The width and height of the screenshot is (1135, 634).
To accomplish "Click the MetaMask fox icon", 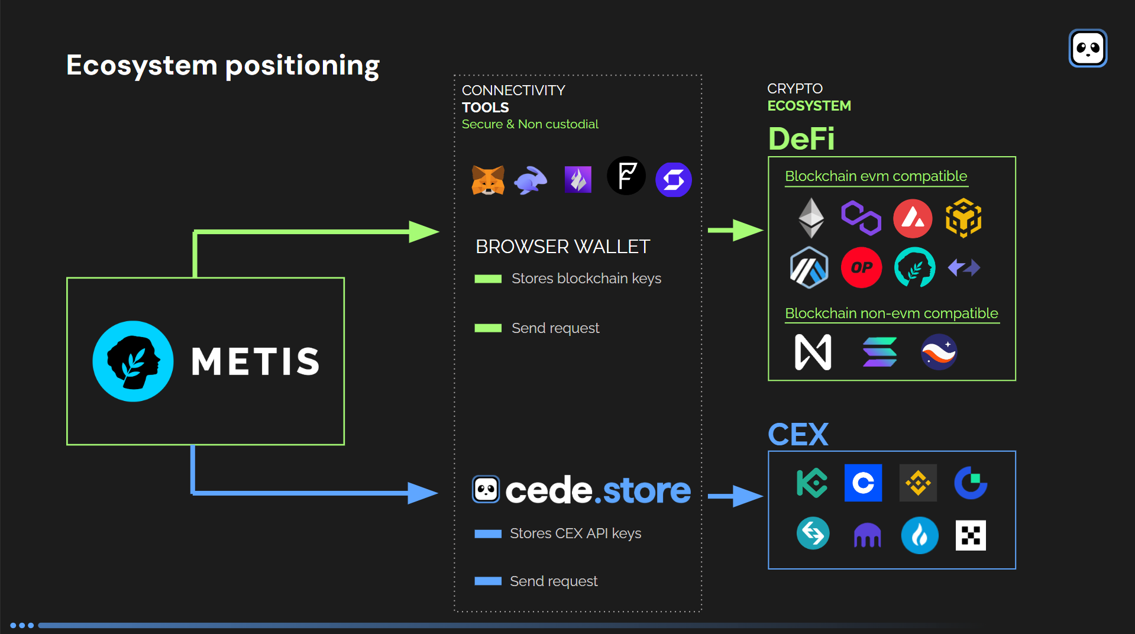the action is click(x=488, y=180).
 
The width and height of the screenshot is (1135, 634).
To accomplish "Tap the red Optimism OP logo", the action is click(x=861, y=267).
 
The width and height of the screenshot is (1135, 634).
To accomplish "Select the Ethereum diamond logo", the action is click(x=811, y=218).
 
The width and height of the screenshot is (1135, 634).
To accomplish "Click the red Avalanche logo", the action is click(x=913, y=218).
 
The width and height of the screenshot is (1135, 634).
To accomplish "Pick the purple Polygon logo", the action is click(x=861, y=218).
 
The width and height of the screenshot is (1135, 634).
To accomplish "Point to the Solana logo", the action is click(x=879, y=352).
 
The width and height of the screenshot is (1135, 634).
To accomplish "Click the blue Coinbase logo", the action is click(x=863, y=483).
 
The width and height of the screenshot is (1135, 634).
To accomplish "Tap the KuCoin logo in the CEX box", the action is click(x=812, y=483).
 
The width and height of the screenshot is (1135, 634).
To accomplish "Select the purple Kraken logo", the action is click(x=867, y=535).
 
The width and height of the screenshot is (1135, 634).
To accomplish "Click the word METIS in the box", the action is click(x=256, y=361).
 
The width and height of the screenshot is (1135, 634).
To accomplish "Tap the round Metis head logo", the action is click(x=133, y=361).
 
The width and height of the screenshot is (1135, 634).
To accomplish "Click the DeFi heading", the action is click(x=801, y=139).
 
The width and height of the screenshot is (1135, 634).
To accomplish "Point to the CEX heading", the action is click(x=798, y=435).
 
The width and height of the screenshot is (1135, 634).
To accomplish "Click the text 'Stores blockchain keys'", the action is click(x=586, y=279).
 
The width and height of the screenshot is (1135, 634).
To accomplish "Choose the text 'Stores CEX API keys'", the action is click(x=575, y=533).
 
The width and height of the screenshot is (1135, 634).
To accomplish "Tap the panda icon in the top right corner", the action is click(x=1088, y=48).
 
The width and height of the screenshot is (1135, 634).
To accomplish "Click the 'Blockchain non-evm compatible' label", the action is click(x=891, y=313).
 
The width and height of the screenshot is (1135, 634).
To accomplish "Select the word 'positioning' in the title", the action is click(x=302, y=66).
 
